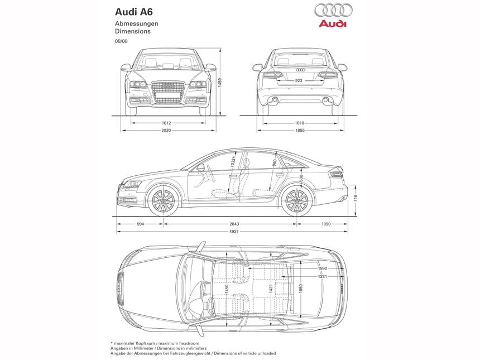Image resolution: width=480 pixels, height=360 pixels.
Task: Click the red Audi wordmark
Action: (x=333, y=24)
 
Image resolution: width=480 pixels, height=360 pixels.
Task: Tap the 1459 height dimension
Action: (x=220, y=81)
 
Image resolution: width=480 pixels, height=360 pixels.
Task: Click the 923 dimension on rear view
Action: (x=299, y=81)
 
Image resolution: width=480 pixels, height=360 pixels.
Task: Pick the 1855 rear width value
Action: (x=300, y=130)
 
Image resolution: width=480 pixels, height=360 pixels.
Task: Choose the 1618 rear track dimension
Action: (x=300, y=122)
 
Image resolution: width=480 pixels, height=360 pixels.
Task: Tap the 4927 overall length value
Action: (x=233, y=232)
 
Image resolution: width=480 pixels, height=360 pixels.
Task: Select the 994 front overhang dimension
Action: (x=140, y=224)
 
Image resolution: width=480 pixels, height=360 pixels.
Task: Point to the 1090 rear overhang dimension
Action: (x=326, y=224)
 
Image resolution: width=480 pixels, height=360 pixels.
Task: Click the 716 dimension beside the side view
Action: (x=356, y=198)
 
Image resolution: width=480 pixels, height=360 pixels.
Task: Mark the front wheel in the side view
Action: (x=162, y=200)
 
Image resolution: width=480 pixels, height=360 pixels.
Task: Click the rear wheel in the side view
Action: (x=296, y=201)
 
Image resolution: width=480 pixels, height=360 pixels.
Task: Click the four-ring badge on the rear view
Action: (x=300, y=70)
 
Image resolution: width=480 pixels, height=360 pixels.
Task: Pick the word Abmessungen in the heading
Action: (x=137, y=24)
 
